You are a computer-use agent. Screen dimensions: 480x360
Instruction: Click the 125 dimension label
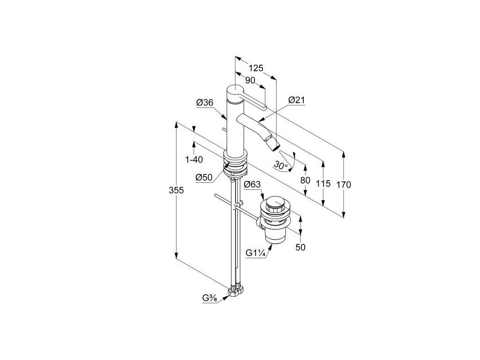(x=255, y=68)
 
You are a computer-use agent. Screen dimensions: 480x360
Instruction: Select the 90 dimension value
(x=250, y=81)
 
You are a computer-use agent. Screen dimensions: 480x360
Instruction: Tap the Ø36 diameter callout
(x=204, y=103)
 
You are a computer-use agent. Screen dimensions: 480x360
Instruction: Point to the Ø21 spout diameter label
(x=297, y=100)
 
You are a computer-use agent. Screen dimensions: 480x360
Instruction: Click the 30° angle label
(x=281, y=165)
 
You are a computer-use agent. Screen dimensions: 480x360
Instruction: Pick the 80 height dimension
(x=305, y=180)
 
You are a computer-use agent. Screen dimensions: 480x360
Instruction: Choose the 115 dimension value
(x=323, y=184)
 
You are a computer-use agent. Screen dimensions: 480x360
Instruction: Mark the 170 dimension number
(x=344, y=185)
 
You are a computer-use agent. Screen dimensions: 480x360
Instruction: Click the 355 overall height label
(x=176, y=190)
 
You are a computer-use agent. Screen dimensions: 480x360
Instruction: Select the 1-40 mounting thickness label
(x=194, y=159)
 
